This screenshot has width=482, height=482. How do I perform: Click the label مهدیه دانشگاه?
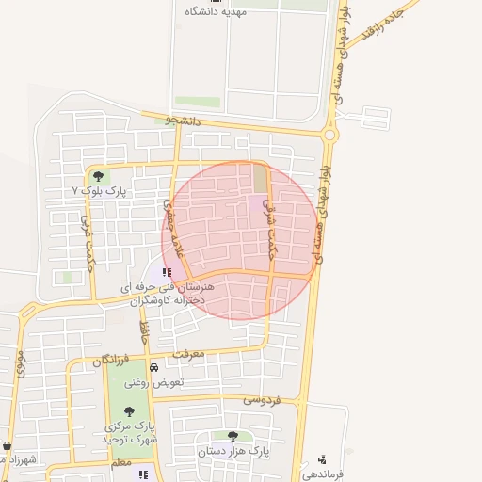215,11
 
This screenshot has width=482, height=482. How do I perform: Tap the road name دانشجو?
184,120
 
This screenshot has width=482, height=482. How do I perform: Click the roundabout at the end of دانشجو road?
329,135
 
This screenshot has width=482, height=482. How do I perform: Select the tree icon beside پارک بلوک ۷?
98,175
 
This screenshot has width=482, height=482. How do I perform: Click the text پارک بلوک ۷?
100,191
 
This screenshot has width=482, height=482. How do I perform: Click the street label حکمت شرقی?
270,224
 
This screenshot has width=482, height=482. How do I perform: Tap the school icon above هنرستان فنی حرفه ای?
168,273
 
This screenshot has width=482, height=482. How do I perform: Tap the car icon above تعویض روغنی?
153,367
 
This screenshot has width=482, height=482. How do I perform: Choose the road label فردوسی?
263,399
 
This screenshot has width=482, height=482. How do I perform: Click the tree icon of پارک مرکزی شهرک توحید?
129,411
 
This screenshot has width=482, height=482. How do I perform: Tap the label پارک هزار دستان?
233,451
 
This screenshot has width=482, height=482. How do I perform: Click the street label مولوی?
19,362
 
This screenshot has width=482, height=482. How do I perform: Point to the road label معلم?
120,463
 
